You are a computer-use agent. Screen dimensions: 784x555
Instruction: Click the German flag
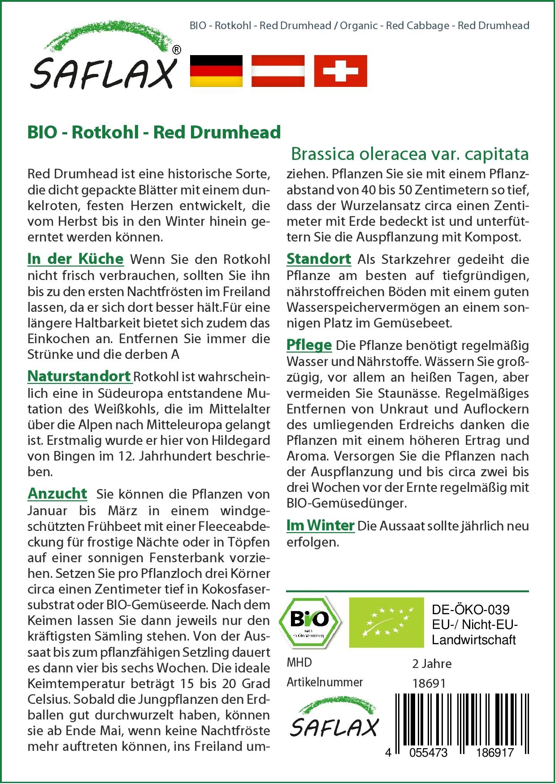click(x=216, y=71)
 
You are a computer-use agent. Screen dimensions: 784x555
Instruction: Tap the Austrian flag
click(x=278, y=71)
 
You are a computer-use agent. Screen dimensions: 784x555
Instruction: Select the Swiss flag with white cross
click(x=340, y=71)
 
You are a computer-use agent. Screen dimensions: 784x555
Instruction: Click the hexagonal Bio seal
click(x=309, y=622)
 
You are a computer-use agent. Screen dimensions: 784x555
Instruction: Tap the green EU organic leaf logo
click(x=386, y=622)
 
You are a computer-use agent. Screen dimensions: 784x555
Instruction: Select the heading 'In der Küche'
click(x=75, y=259)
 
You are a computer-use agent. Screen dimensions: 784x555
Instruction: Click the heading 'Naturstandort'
click(x=79, y=376)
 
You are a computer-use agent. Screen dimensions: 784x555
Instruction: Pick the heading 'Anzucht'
click(x=57, y=493)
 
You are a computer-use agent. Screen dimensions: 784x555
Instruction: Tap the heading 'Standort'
click(x=319, y=259)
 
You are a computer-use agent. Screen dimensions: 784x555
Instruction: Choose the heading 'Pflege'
click(x=309, y=345)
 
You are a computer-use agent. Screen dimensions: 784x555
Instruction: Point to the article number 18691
click(x=429, y=683)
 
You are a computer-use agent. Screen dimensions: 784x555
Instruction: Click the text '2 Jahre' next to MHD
click(x=432, y=663)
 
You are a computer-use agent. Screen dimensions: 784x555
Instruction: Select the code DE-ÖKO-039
click(x=471, y=610)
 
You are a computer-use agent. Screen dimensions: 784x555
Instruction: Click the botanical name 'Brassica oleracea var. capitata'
click(x=410, y=154)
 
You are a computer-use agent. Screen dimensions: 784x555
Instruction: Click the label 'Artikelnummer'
click(x=325, y=682)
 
